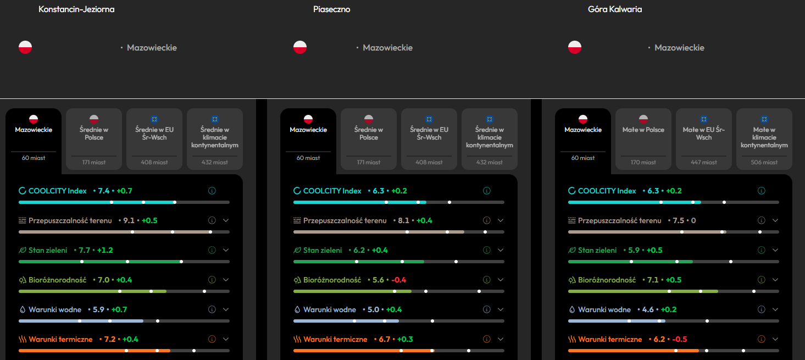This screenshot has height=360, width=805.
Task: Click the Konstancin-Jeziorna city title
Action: tap(76, 9)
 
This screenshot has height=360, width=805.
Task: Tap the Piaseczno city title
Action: tap(331, 9)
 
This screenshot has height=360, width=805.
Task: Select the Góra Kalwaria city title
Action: tap(614, 9)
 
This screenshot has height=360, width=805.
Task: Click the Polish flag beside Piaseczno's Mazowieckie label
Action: tap(300, 47)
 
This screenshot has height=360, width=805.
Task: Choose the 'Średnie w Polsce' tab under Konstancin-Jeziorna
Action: tap(94, 139)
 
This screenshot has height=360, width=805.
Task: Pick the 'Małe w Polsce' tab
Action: tap(643, 139)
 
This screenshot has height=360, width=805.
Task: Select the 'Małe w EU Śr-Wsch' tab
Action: tap(704, 139)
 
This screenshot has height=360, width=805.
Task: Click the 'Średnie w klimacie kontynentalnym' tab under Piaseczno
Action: tap(490, 139)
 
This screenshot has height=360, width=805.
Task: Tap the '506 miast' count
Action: tap(764, 162)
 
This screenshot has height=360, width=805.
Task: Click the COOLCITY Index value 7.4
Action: tap(104, 191)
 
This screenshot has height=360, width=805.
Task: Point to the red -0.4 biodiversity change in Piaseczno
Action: tap(398, 280)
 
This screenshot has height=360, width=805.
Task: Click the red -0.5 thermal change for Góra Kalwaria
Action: tap(680, 339)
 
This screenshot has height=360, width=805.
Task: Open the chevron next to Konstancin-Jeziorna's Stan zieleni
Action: tap(226, 250)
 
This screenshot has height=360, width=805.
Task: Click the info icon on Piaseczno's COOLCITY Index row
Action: tap(487, 191)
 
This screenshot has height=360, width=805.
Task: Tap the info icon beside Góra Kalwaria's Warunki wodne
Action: tap(761, 309)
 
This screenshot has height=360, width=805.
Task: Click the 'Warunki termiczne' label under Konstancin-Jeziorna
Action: tap(60, 339)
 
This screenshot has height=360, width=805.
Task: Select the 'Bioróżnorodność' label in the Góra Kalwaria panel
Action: tap(607, 280)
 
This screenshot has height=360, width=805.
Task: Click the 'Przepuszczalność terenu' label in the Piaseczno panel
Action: tap(345, 220)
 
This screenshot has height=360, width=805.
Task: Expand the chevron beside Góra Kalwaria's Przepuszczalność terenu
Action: tap(775, 220)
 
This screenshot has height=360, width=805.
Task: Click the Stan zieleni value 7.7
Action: tap(85, 250)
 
